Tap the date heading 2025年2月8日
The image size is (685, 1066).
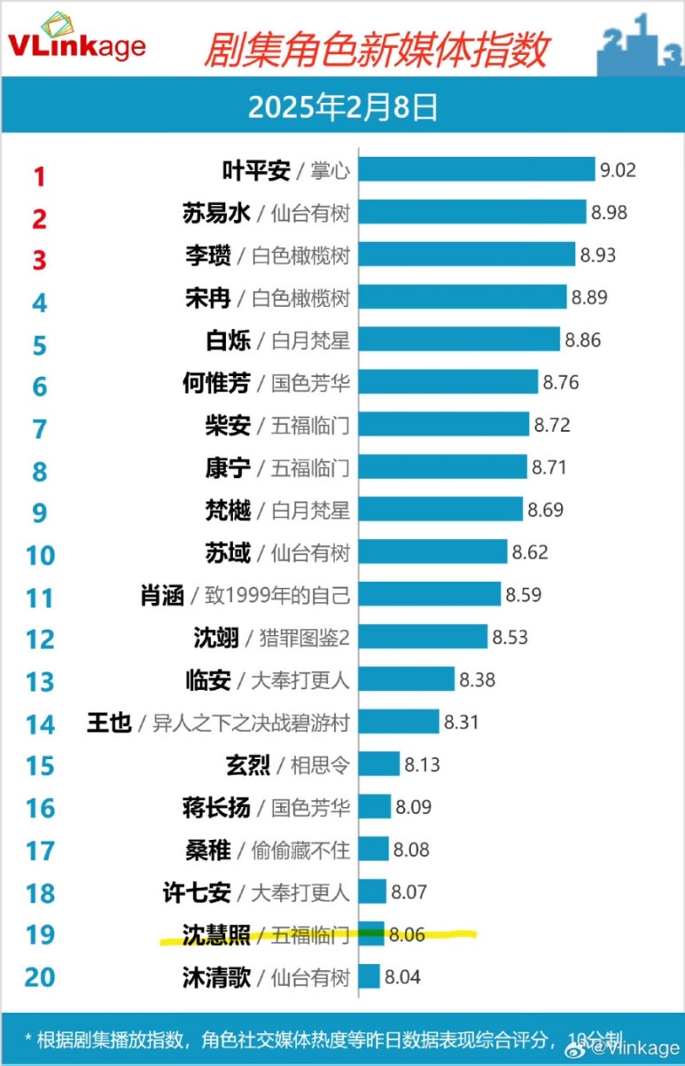(342, 107)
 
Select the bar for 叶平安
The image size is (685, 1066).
(476, 169)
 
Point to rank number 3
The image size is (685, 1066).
(39, 260)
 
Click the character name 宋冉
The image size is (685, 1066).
(208, 298)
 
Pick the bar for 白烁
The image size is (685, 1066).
(459, 340)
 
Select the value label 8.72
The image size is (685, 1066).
(551, 424)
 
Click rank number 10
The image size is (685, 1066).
(40, 555)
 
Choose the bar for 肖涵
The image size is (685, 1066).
(430, 594)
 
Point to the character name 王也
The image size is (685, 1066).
(109, 723)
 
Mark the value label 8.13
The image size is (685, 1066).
(422, 764)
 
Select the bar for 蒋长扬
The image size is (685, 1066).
(375, 807)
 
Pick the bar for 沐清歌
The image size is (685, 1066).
(370, 976)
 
